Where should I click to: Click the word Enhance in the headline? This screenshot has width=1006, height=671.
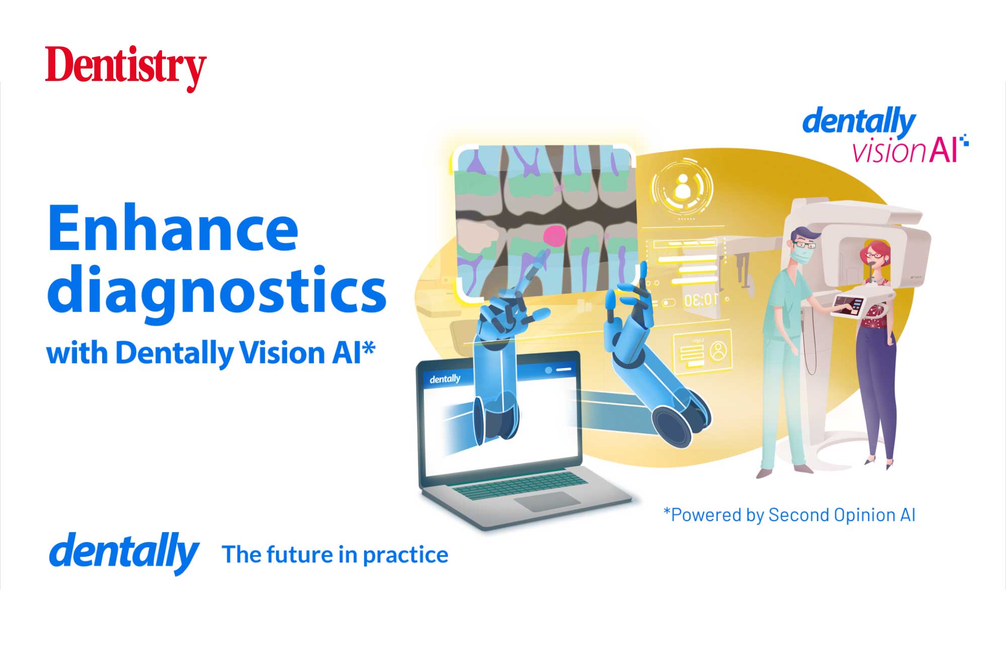(x=173, y=229)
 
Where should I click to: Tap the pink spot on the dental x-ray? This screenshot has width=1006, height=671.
(x=555, y=235)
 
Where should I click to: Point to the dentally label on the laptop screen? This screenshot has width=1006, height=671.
(x=445, y=379)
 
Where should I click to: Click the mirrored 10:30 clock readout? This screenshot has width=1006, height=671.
(x=701, y=301)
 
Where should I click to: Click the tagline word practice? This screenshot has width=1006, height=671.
(x=405, y=555)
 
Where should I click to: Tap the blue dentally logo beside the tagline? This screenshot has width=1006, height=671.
(x=124, y=552)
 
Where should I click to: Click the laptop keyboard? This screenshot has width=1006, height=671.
(x=519, y=484)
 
